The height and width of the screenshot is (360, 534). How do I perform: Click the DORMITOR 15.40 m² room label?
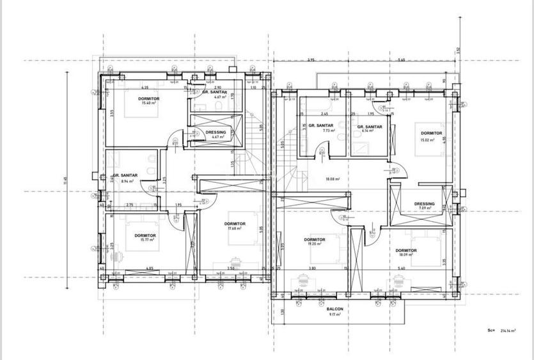148,100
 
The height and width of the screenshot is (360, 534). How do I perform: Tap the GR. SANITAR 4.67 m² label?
215,95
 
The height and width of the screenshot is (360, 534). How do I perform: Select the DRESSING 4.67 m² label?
216,134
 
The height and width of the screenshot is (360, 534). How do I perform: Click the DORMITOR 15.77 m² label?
145,238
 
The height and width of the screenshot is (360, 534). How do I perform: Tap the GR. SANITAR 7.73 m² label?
320,127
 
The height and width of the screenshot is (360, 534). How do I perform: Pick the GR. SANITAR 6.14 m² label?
369,129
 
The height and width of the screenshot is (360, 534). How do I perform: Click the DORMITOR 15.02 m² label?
432,136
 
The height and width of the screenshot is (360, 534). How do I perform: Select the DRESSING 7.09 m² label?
424,206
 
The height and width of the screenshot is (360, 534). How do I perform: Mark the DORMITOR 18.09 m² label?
406,253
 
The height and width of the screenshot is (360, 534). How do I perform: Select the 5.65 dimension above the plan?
400,60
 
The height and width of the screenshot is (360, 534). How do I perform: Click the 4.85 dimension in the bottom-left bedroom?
150,268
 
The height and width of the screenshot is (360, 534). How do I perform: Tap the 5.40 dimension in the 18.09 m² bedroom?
401,268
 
